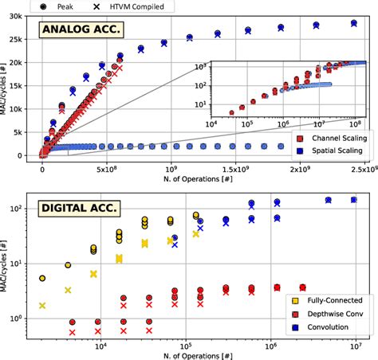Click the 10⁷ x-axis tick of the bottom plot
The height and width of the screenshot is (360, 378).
(353, 344)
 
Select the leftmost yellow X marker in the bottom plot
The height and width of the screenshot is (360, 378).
(42, 306)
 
